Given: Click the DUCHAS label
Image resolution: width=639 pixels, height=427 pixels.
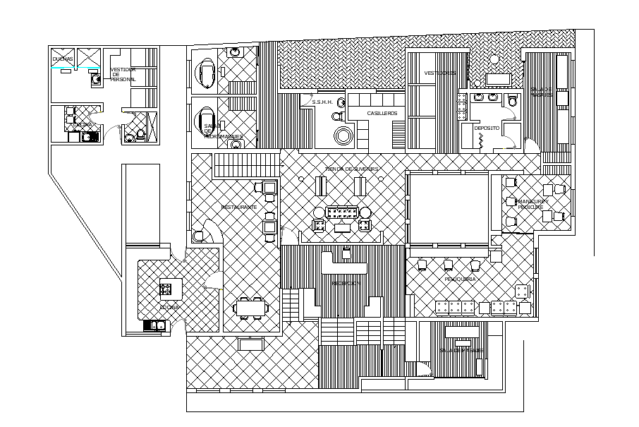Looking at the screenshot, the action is point(63,59).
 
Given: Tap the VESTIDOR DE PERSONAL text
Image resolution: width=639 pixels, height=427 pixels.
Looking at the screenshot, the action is point(123,75).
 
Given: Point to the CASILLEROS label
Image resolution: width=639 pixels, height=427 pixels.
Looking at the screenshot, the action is point(382,113).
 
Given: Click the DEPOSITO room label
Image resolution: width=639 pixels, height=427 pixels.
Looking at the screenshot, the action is point(487,128).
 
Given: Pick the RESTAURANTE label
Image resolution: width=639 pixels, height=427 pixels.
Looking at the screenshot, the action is point(238,207).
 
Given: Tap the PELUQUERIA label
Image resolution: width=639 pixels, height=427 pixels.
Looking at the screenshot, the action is point(459,279).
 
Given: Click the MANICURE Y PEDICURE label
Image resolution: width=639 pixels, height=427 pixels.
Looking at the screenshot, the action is point(528,204).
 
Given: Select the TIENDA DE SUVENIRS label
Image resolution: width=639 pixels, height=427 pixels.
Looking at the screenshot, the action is point(352,169).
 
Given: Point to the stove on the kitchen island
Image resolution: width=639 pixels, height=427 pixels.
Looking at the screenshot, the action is point(167,289).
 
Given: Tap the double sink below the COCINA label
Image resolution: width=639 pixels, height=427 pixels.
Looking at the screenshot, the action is point(155,325).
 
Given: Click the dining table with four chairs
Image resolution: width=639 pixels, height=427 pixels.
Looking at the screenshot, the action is point(250,308).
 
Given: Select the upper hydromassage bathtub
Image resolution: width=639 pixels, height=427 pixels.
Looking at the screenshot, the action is point(207,72).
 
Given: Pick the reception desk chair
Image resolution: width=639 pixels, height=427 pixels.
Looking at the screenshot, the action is point(346,253).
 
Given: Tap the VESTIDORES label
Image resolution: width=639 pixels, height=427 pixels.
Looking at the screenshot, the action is point(439,73).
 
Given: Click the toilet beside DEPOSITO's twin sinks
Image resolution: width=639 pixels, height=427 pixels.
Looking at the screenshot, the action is point(513,102).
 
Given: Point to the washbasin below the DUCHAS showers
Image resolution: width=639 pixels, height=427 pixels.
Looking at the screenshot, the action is point(95,80).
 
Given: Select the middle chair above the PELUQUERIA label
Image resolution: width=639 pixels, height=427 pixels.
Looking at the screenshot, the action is point(448,265).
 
